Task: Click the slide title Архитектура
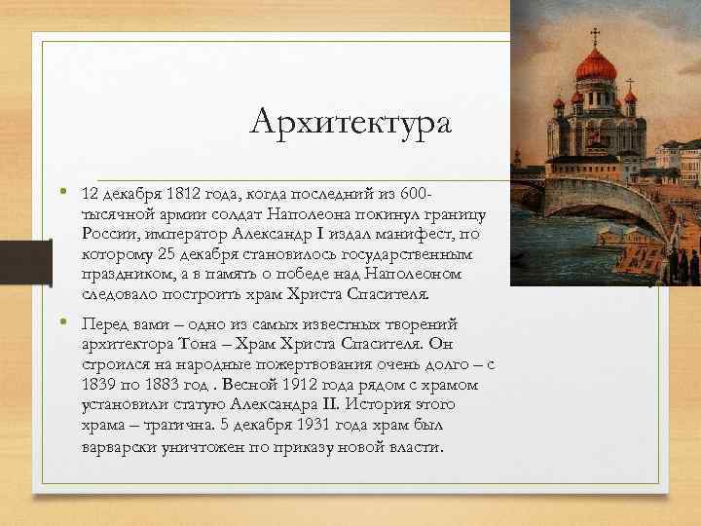[x=350, y=123]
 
